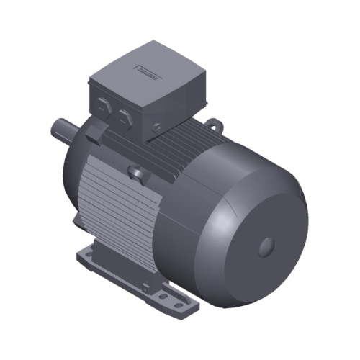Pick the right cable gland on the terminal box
point(123,117)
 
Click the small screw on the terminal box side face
point(158,128)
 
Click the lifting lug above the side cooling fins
point(135,173)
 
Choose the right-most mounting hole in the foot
point(174,300)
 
